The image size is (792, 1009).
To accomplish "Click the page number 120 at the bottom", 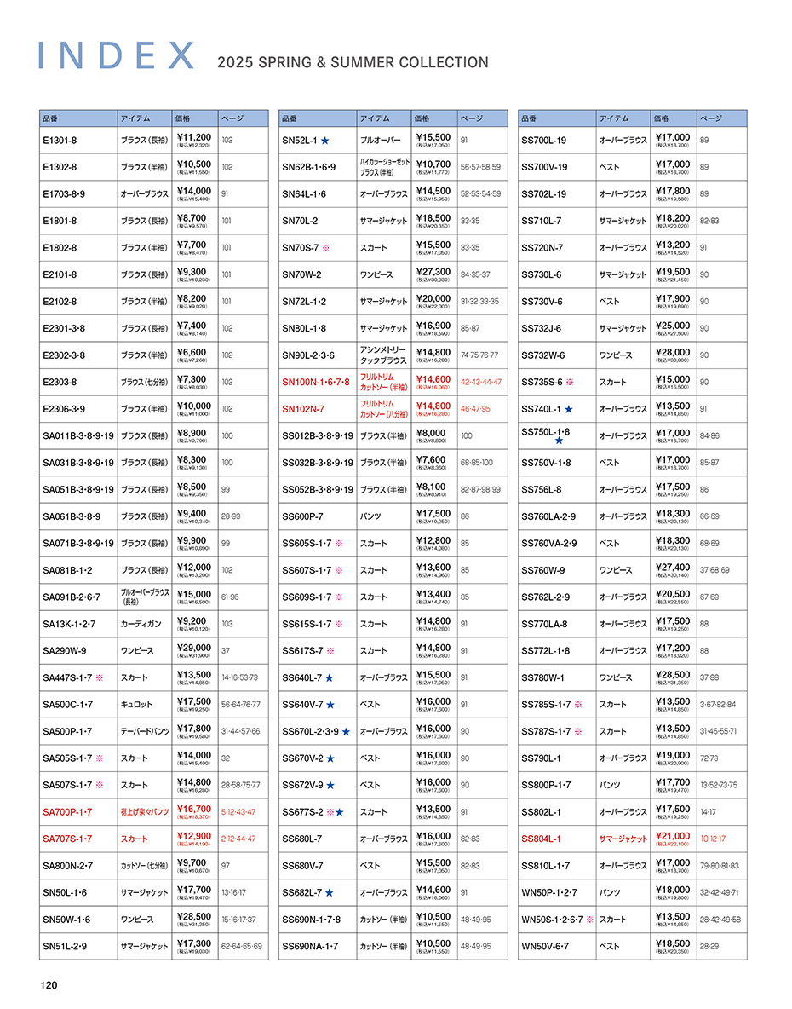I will click(48, 985).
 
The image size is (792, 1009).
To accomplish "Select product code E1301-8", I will click(60, 140).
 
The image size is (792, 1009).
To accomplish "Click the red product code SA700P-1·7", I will click(67, 812).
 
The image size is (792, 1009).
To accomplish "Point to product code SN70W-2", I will click(301, 274).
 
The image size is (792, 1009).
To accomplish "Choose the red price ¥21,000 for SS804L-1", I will click(673, 836).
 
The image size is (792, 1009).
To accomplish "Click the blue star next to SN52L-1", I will click(324, 140).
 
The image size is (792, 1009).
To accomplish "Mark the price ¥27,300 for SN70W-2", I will click(433, 272).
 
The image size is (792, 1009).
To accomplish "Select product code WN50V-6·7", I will click(545, 946).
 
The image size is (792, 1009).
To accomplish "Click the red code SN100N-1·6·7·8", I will click(315, 382).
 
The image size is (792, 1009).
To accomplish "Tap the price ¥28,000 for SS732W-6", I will click(673, 352).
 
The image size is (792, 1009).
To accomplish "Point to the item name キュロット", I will click(136, 705).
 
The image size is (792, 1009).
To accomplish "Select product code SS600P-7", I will click(302, 516).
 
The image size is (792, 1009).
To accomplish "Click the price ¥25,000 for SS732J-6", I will click(673, 326).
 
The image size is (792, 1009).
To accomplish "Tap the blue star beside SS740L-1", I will click(568, 410).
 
